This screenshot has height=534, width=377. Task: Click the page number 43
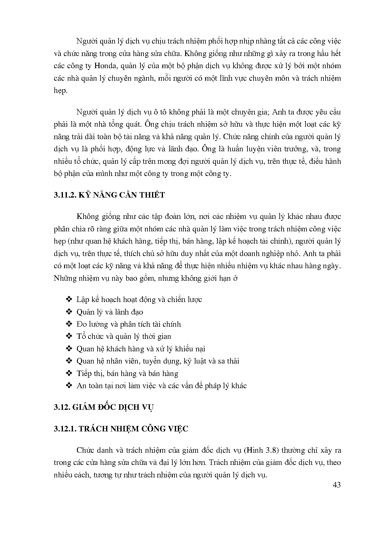tap(337, 485)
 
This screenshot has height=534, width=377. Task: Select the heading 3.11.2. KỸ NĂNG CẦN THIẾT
tap(109, 195)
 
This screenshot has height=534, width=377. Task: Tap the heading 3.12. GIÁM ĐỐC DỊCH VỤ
tap(104, 407)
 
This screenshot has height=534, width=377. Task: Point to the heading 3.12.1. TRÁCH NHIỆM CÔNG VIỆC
tap(121, 429)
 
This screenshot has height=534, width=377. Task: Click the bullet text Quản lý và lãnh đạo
tap(110, 312)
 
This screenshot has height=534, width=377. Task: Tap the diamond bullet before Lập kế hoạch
tap(69, 300)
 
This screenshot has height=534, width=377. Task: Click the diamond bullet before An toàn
tap(69, 386)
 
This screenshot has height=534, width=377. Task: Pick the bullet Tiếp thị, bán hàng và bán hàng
tap(127, 374)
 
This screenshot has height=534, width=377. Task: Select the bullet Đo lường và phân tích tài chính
tap(129, 324)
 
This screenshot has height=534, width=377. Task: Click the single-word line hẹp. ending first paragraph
tap(60, 91)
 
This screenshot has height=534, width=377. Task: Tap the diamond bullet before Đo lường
tap(69, 324)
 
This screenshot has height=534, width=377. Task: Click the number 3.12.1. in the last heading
tap(65, 429)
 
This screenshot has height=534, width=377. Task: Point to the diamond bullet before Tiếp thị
tap(69, 374)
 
